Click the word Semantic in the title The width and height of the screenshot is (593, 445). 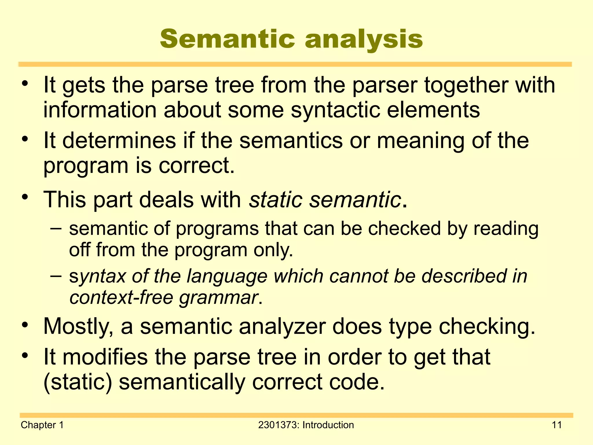(227, 39)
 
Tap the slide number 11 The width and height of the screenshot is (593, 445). (557, 425)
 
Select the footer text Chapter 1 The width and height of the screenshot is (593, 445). (42, 425)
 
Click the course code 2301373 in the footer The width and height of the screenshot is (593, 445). (278, 425)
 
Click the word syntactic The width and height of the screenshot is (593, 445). (335, 110)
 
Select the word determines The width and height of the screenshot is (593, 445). (119, 141)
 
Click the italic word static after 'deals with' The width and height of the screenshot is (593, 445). (276, 200)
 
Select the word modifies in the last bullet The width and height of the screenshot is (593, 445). (105, 357)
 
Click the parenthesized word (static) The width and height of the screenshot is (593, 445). (78, 382)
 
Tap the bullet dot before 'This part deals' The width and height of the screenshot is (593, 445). (25, 197)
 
